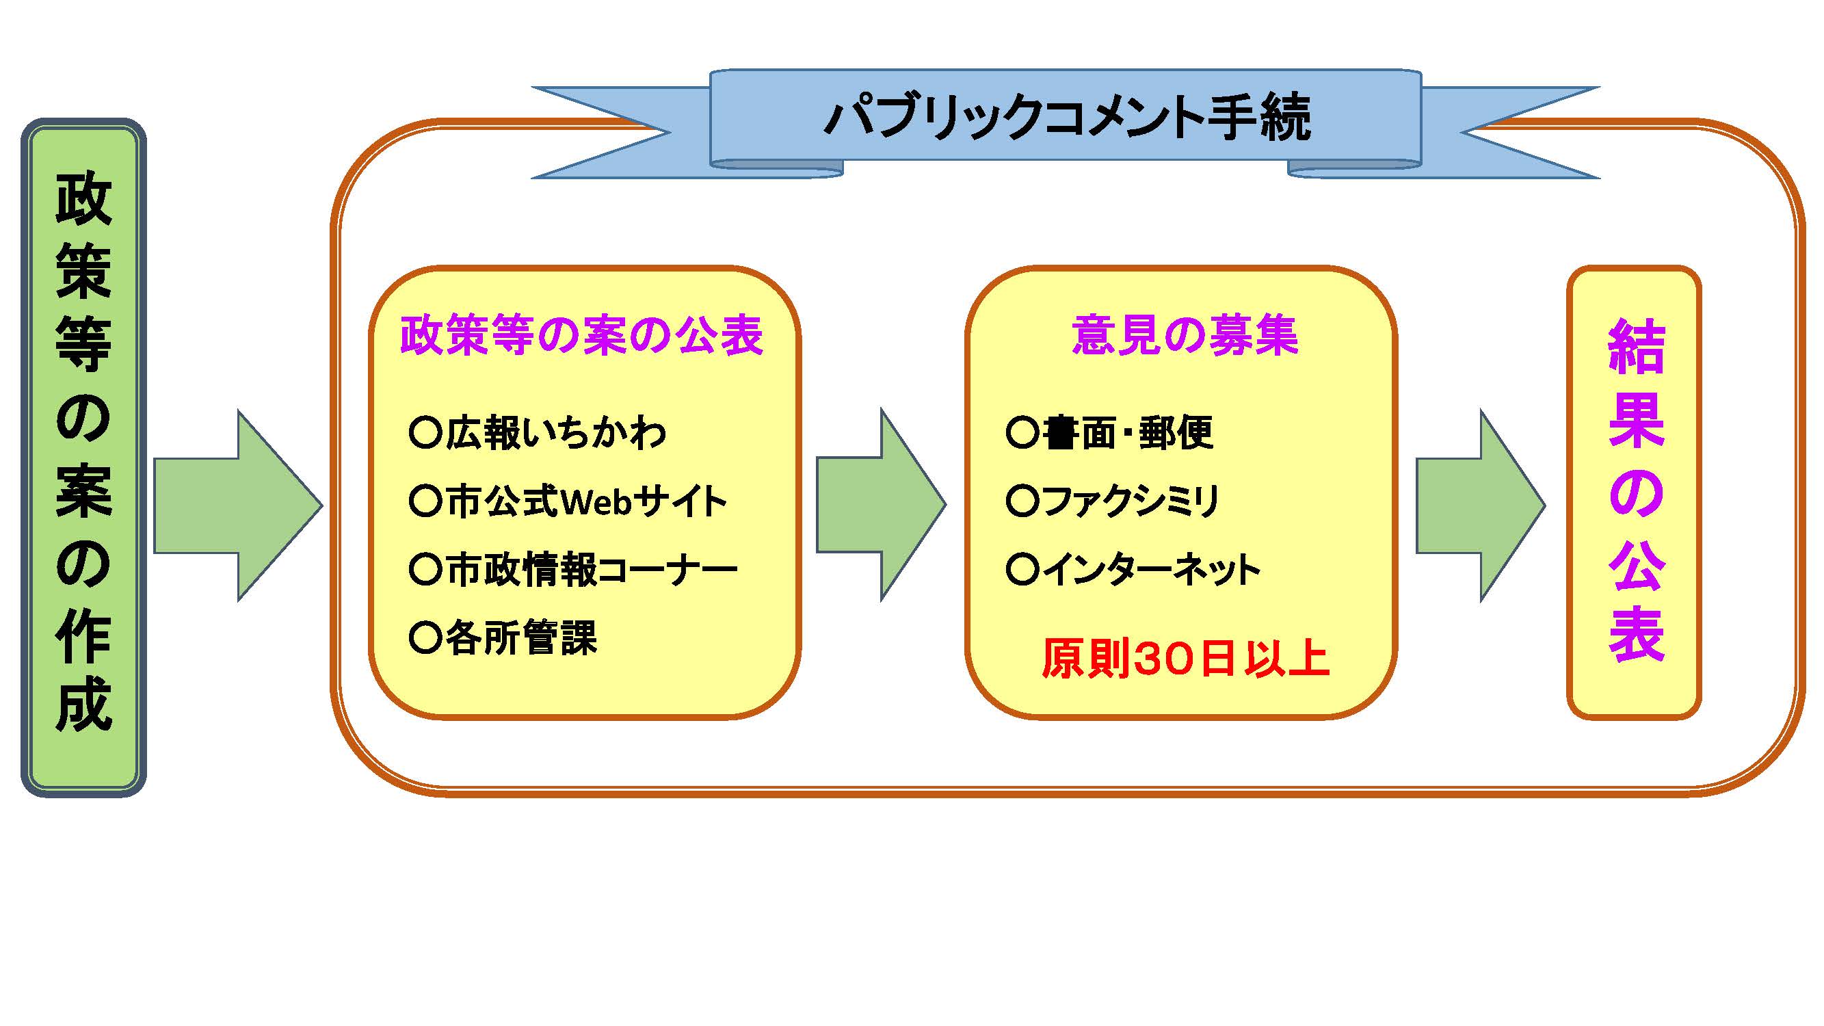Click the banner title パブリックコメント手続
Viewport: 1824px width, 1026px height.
point(1068,118)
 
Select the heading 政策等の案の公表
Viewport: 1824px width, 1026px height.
point(582,334)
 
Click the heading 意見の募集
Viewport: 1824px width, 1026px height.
point(1185,334)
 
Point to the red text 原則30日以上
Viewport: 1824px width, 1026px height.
point(1185,658)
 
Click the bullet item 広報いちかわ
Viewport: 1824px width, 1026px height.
point(538,432)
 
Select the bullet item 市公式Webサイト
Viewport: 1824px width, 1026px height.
point(568,501)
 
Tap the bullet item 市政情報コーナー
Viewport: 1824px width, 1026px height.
point(574,569)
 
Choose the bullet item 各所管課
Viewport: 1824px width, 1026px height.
point(503,637)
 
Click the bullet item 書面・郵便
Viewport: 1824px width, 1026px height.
point(1109,432)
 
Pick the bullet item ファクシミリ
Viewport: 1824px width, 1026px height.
point(1112,501)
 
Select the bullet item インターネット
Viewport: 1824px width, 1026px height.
point(1133,569)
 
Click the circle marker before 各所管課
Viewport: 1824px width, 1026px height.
point(425,637)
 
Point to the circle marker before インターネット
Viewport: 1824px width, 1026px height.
point(1022,569)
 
